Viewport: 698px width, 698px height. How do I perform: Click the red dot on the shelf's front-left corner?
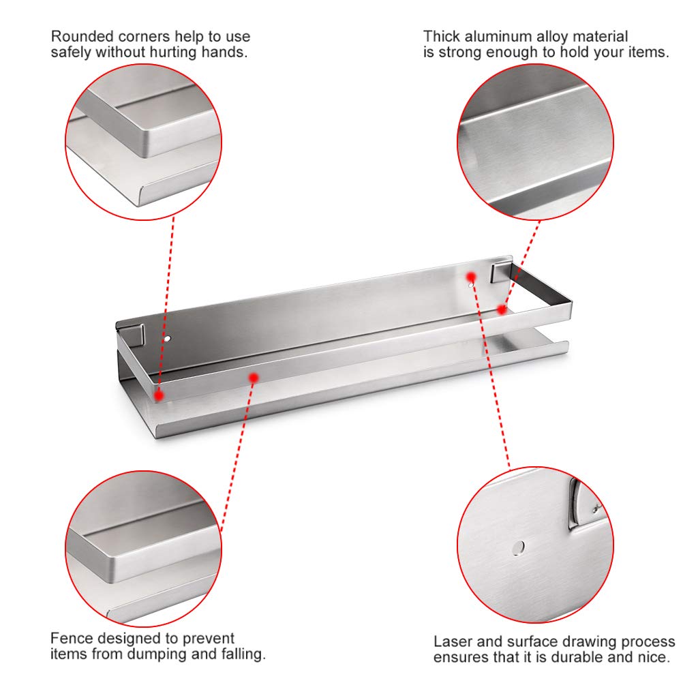coord(159,395)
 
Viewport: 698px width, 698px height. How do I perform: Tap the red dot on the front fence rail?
coord(254,378)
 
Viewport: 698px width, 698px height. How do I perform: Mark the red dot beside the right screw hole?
coord(471,277)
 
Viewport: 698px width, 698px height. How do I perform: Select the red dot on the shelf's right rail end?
coord(502,309)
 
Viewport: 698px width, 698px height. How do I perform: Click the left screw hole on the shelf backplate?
coord(167,339)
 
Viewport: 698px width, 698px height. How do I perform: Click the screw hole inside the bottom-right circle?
coord(518,548)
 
